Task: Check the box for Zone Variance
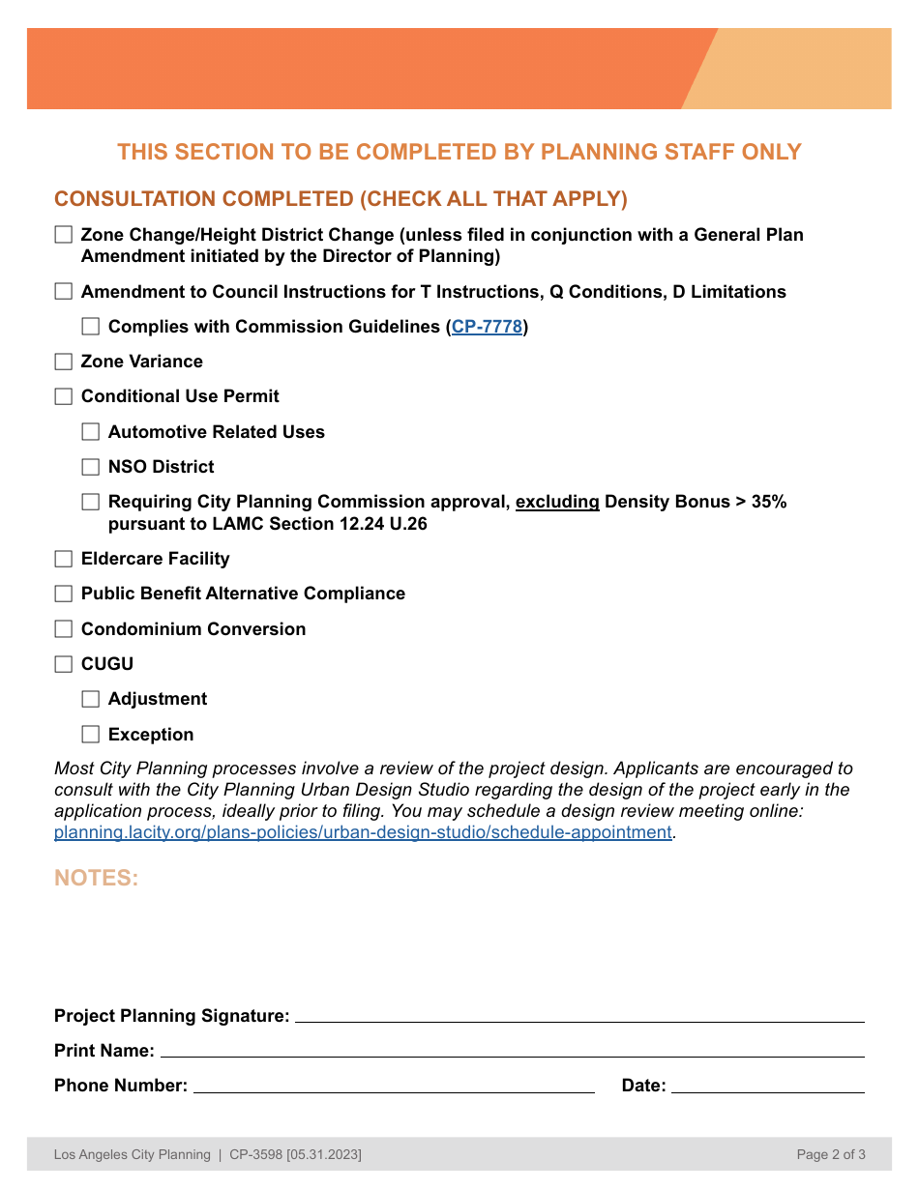click(x=64, y=362)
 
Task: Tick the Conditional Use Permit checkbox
click(x=64, y=396)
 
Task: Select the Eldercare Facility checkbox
click(x=64, y=559)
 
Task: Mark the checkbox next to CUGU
click(x=64, y=664)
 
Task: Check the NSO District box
click(x=91, y=467)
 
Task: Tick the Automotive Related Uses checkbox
click(x=91, y=432)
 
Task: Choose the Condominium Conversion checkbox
click(x=64, y=629)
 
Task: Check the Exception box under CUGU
click(x=91, y=735)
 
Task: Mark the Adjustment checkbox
click(x=91, y=699)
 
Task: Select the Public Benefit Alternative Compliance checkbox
click(x=64, y=594)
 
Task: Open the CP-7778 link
click(x=487, y=327)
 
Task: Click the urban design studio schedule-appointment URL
click(x=363, y=832)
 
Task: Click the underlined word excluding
click(x=557, y=502)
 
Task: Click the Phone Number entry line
click(x=394, y=1086)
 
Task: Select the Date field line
click(x=767, y=1086)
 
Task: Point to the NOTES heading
click(x=97, y=878)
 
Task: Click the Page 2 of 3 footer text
click(x=830, y=1154)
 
